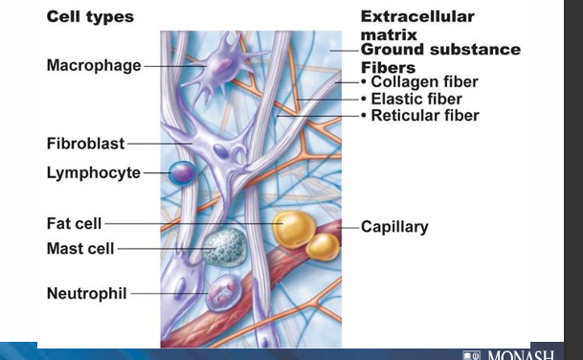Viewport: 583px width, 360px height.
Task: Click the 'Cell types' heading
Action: coord(90,17)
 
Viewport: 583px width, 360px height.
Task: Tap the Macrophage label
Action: coord(94,66)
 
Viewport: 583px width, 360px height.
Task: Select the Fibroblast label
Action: coord(86,144)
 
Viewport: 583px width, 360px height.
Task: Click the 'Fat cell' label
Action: coord(75,224)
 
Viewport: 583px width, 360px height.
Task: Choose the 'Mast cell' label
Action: coord(80,249)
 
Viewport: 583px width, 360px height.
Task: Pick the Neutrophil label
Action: coord(86,293)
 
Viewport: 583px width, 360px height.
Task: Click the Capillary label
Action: coord(394,228)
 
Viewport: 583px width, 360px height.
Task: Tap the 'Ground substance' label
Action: coord(440,50)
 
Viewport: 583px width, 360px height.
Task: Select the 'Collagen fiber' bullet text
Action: coord(425,82)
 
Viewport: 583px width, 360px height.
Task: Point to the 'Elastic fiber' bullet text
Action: coord(416,99)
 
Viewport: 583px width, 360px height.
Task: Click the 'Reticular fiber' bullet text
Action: coord(425,116)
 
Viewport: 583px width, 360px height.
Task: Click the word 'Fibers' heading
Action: coord(388,67)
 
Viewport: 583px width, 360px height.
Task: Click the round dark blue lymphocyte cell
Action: coord(182,173)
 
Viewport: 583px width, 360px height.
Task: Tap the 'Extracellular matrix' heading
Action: coord(416,26)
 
